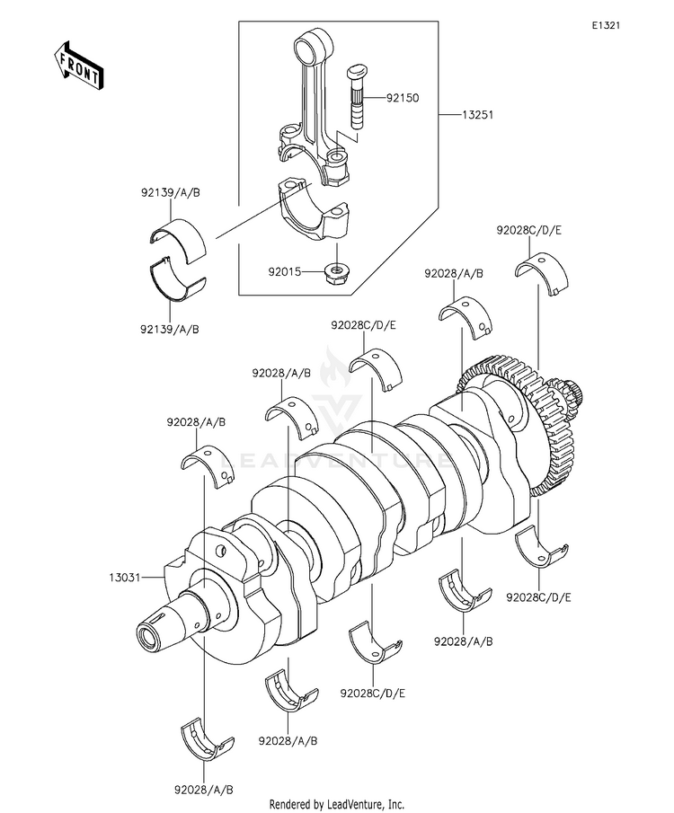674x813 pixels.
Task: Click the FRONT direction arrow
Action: pos(78,66)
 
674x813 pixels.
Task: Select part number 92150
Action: pos(402,98)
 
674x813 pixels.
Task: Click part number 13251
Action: pos(477,114)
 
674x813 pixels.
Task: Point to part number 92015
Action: pos(284,271)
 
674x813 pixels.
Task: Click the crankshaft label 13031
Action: pos(125,577)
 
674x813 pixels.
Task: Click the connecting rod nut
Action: pos(335,273)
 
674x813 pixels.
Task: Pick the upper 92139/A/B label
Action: pos(170,193)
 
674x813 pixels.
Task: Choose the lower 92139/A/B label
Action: pos(170,330)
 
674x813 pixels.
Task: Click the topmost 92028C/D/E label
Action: pos(528,230)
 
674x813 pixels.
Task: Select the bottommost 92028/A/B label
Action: pos(204,791)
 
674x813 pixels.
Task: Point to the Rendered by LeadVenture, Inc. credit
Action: pos(336,805)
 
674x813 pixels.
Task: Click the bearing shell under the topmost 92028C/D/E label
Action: pos(542,272)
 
